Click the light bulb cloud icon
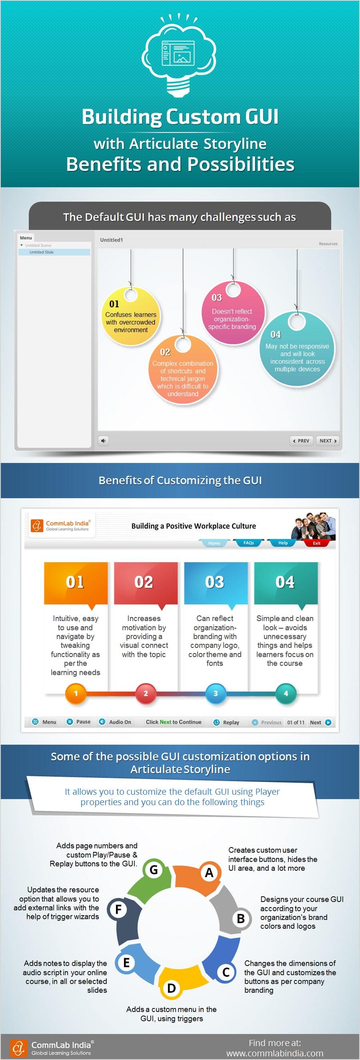[x=179, y=56]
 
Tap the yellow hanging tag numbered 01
[x=131, y=315]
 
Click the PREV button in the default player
[x=301, y=441]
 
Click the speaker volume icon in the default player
[x=103, y=441]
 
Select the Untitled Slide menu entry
[x=54, y=252]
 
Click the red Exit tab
[x=317, y=543]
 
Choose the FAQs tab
[x=248, y=543]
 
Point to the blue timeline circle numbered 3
[x=216, y=693]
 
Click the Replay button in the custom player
[x=226, y=722]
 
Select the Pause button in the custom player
[x=78, y=722]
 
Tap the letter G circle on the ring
[x=154, y=870]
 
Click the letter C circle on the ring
[x=226, y=972]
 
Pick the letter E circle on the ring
[x=126, y=962]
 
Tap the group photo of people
[x=313, y=526]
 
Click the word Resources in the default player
[x=328, y=244]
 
